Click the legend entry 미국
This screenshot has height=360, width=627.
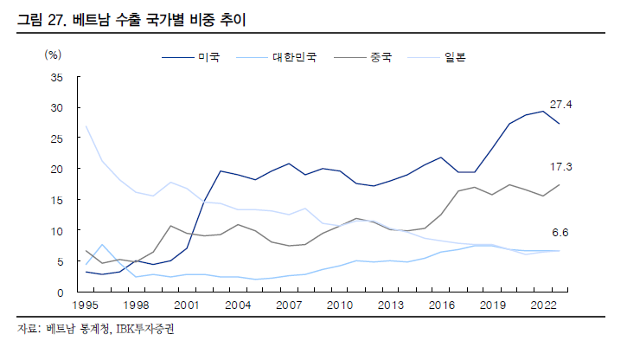click(x=209, y=58)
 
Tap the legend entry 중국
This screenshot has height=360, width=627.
click(x=381, y=58)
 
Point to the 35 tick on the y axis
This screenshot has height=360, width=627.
click(x=57, y=78)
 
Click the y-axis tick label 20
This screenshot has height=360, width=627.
click(x=57, y=170)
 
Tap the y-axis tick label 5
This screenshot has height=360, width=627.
click(x=60, y=262)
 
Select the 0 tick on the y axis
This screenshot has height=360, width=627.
click(x=60, y=292)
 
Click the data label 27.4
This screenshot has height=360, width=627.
click(x=561, y=105)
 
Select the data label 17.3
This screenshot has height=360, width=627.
click(x=561, y=165)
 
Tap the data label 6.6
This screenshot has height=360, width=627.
click(x=561, y=233)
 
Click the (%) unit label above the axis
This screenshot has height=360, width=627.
click(x=54, y=55)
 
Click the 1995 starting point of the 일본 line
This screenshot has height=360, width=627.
click(x=86, y=126)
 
